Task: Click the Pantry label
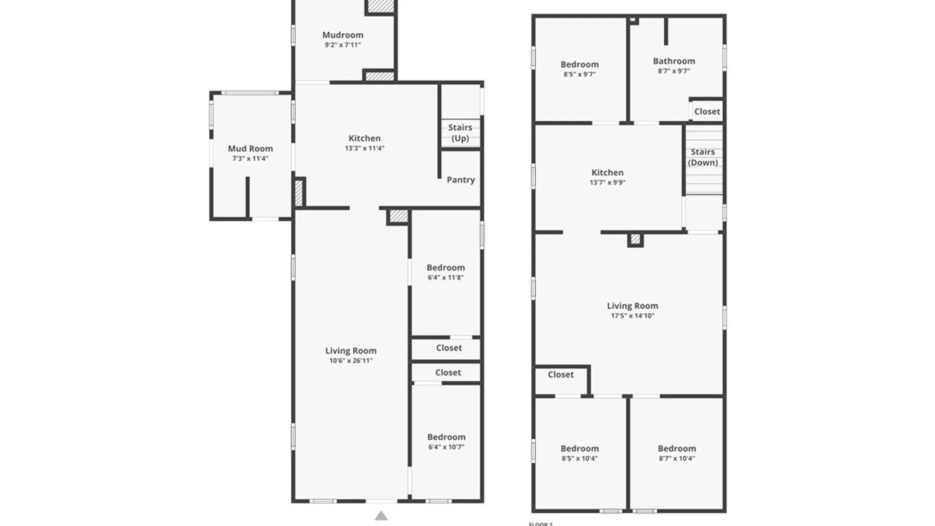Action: (x=461, y=180)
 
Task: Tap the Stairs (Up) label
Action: (x=460, y=132)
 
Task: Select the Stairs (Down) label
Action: (x=703, y=157)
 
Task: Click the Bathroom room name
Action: (x=674, y=61)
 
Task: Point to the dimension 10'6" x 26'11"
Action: (x=351, y=361)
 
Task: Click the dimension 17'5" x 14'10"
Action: (x=633, y=316)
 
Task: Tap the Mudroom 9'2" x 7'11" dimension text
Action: (x=343, y=45)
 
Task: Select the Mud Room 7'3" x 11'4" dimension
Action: (x=250, y=159)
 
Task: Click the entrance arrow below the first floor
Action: (x=381, y=516)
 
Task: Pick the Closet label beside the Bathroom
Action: (x=707, y=112)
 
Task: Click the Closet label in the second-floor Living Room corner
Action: (x=561, y=375)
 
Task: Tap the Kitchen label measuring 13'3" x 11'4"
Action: (x=364, y=138)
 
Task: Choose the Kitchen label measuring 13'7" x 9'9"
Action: (x=607, y=172)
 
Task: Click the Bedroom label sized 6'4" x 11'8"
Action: (x=446, y=267)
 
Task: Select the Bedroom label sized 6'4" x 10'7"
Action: (x=446, y=437)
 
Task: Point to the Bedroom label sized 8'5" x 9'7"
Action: (x=580, y=64)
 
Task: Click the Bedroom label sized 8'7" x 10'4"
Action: (x=677, y=449)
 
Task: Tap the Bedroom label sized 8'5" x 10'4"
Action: (x=580, y=449)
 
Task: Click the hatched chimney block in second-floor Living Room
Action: (x=635, y=239)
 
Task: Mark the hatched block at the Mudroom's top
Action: (x=380, y=5)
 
